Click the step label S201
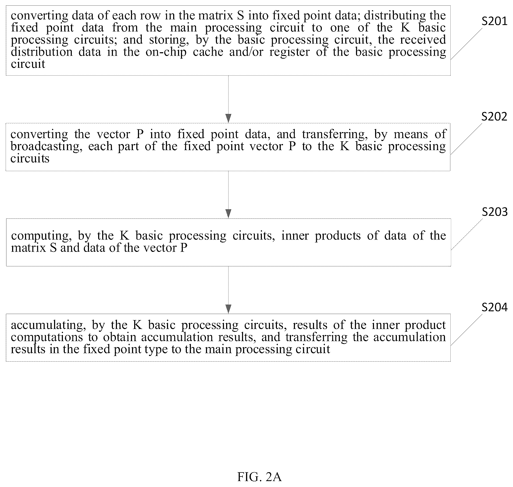(x=494, y=21)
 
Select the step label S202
(x=494, y=117)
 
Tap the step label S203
(x=494, y=212)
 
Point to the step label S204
(x=494, y=307)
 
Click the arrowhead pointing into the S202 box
(x=228, y=118)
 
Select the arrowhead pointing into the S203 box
(x=228, y=214)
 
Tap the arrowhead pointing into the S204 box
(x=228, y=309)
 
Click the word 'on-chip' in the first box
(x=166, y=52)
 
